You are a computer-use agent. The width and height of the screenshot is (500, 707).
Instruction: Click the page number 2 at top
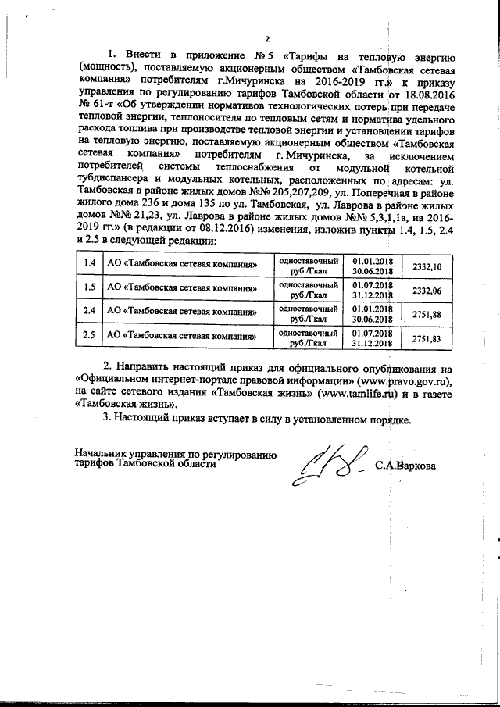coord(266,39)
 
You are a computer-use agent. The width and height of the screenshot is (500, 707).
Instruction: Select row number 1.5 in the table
coord(89,290)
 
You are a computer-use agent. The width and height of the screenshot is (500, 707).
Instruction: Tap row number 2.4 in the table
coord(89,314)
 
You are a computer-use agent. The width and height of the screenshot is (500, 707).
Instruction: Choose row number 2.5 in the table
coord(89,337)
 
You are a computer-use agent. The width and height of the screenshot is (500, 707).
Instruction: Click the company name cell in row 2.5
coord(184,337)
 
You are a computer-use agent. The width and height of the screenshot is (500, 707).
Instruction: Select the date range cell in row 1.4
coord(371,266)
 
